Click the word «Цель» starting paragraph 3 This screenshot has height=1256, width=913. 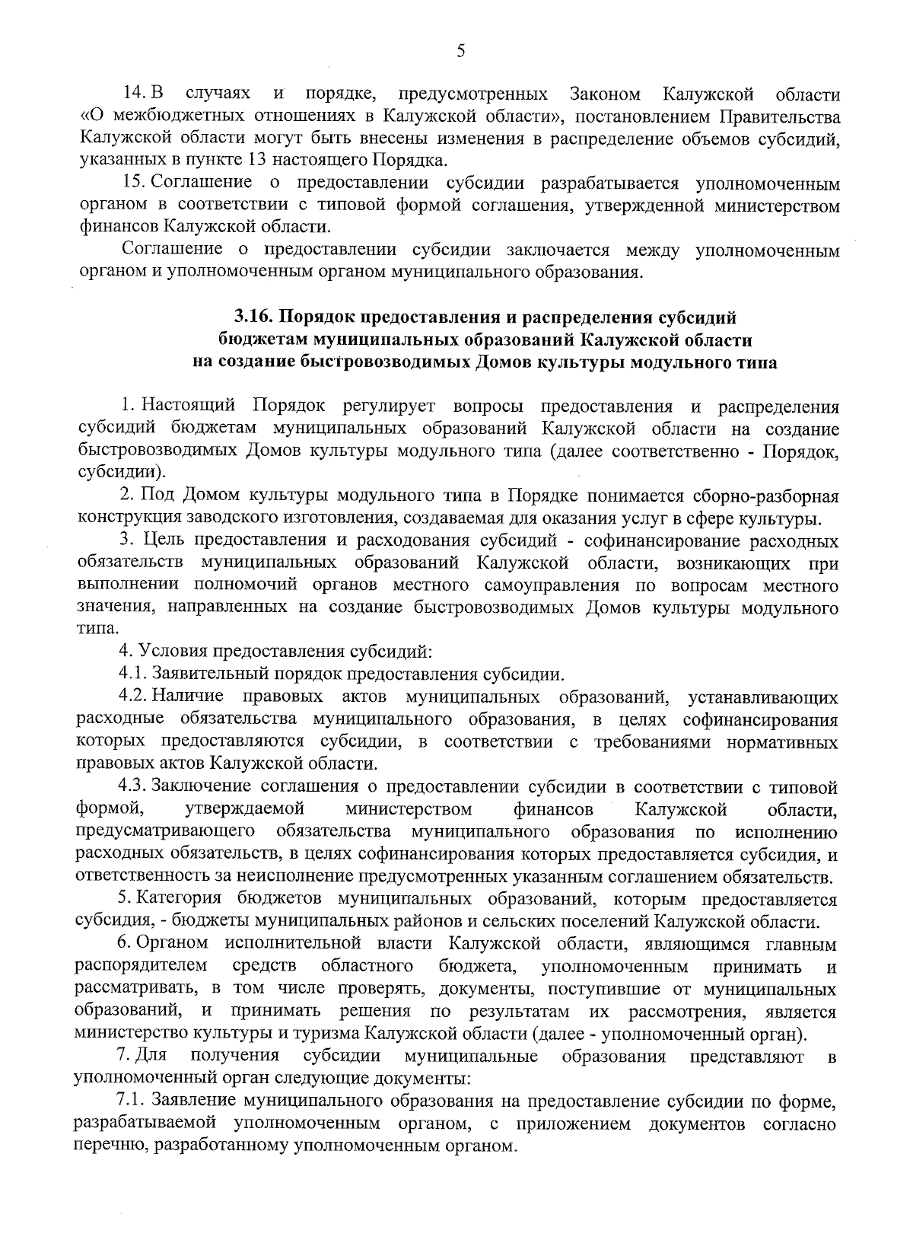[x=161, y=541]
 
